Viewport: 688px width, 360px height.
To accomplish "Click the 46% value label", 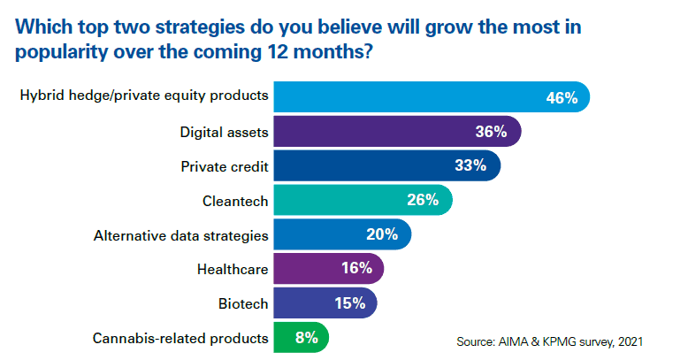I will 562,98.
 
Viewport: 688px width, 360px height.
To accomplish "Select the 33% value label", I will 470,166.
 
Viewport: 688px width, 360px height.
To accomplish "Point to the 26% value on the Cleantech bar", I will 422,200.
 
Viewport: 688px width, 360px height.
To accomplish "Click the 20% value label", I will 382,235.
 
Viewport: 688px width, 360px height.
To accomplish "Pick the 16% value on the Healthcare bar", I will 356,269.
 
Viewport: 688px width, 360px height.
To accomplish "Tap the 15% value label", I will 350,303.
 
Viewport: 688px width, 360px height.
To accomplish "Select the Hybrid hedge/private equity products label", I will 144,96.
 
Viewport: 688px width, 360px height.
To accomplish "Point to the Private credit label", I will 225,166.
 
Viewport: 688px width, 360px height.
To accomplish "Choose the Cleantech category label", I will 235,201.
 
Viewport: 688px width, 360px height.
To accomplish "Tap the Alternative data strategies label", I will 181,235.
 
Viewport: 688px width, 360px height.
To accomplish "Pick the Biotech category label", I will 243,303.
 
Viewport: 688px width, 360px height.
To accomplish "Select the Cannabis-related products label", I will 180,337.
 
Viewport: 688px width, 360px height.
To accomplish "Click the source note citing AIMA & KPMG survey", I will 548,341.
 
